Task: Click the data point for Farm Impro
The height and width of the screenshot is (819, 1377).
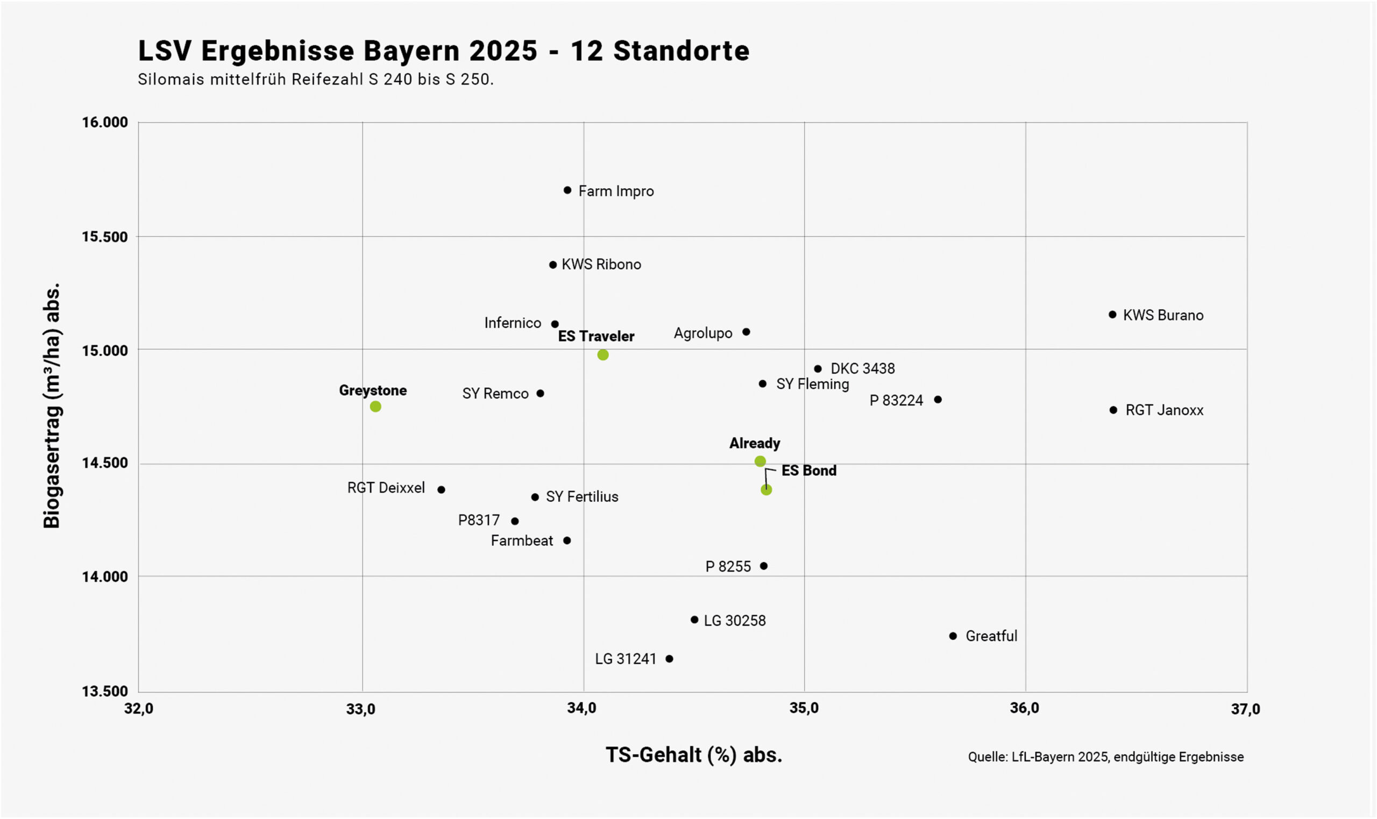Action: point(567,190)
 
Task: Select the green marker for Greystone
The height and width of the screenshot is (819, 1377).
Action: point(375,407)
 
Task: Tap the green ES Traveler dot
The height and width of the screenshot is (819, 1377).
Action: point(602,355)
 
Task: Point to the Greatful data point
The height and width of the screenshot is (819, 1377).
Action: point(953,636)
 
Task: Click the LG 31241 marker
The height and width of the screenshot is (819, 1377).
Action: point(670,659)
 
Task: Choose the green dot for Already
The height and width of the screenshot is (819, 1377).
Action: point(760,461)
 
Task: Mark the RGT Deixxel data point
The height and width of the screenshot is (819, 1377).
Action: point(441,489)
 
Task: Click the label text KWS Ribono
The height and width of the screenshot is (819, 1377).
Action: point(601,265)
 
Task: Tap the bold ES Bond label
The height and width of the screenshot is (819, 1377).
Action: point(808,471)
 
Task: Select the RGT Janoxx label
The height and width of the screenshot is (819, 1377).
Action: point(1164,410)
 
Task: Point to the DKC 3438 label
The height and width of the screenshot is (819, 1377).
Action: point(862,369)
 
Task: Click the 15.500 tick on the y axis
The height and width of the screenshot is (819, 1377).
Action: point(105,237)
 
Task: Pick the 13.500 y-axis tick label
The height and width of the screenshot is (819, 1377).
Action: point(105,691)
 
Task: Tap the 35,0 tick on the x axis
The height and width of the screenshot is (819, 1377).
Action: point(804,709)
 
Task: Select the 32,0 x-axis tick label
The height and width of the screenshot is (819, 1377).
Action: point(139,709)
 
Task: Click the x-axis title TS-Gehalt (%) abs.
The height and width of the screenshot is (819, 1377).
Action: point(694,755)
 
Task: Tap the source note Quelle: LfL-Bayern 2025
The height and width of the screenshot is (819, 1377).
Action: point(1105,757)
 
